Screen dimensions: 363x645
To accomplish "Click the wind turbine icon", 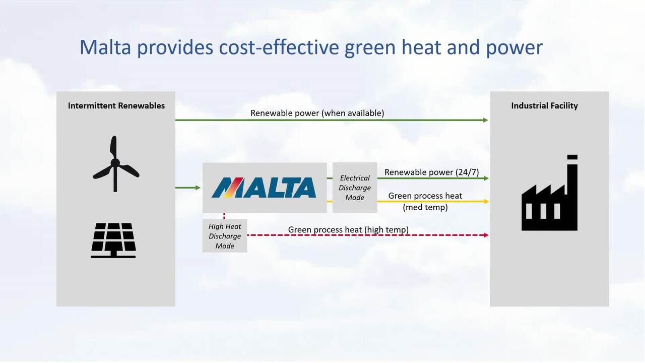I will (115, 164).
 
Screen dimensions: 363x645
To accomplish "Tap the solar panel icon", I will (113, 240).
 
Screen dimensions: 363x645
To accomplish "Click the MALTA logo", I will (264, 187).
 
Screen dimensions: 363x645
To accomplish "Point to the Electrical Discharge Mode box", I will (355, 188).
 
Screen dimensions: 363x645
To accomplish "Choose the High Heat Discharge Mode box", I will (225, 236).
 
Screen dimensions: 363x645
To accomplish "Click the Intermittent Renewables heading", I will (116, 106).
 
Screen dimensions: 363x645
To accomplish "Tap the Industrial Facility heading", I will (544, 106).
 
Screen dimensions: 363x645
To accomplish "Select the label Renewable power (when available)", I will (317, 113).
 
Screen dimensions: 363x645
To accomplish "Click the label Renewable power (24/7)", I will (431, 172).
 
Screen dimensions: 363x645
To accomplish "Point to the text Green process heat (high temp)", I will (348, 230).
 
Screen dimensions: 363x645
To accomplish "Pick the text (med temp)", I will (425, 207).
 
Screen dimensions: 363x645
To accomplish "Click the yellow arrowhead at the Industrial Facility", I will (486, 202).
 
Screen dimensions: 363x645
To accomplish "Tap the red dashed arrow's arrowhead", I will (486, 235).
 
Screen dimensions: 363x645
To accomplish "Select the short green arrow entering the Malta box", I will (188, 188).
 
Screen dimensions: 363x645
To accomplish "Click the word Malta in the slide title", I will (105, 47).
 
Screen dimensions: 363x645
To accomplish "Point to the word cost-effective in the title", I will (278, 47).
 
